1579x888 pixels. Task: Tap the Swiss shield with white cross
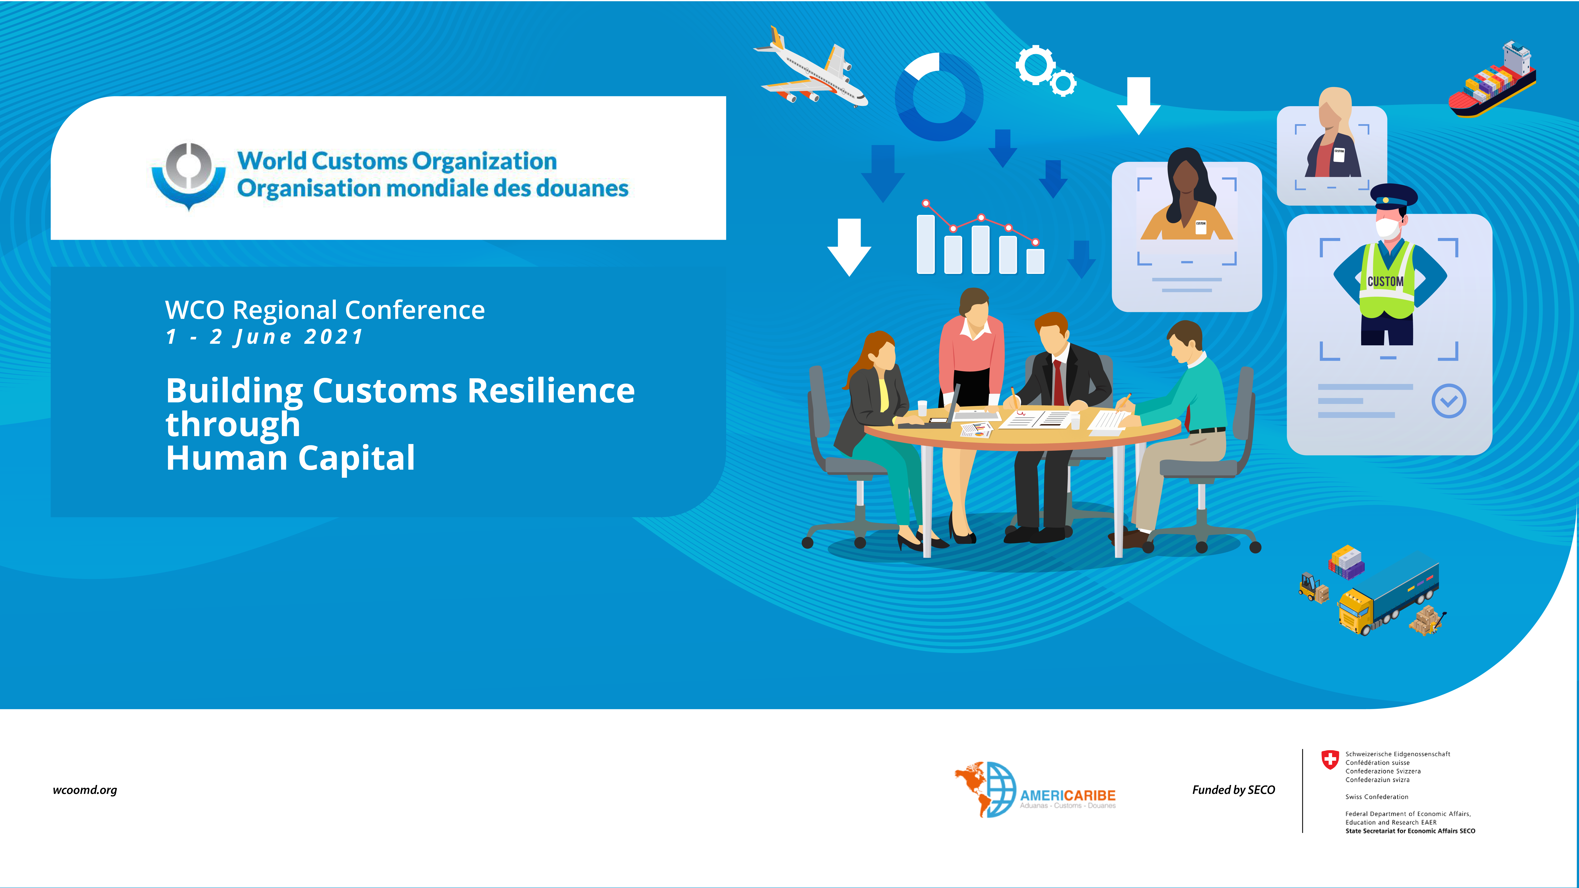coord(1330,760)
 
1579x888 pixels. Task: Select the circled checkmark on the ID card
coord(1448,401)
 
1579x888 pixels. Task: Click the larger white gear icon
coord(1036,65)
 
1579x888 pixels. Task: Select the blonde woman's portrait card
coord(1331,156)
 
